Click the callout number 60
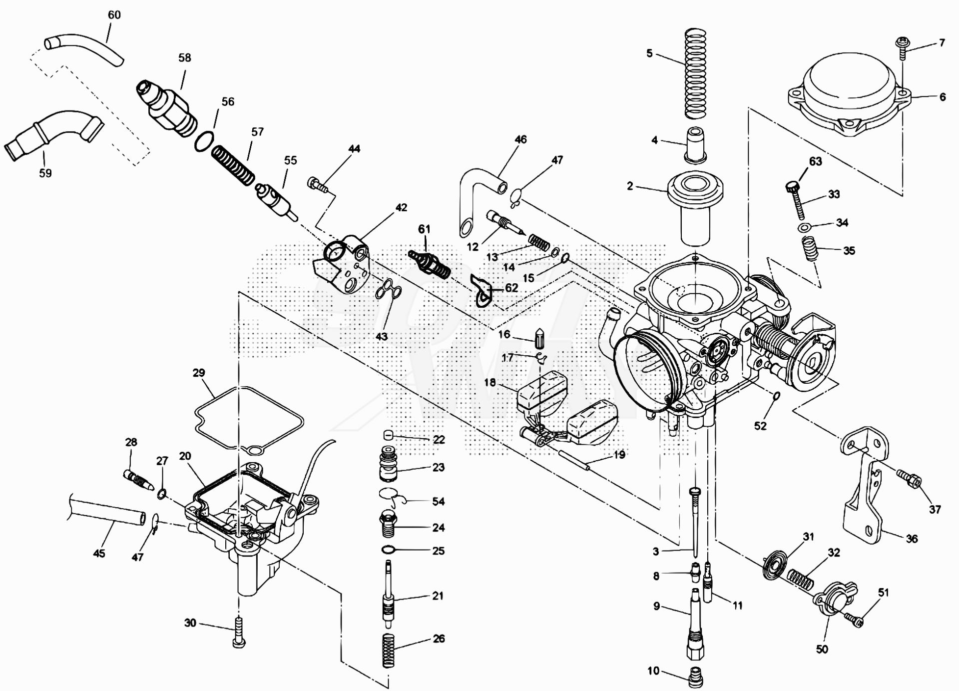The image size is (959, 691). point(114,15)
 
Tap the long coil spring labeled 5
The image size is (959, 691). point(695,73)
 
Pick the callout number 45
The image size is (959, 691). point(99,553)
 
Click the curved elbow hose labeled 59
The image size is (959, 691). point(52,135)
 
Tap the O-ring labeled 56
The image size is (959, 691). point(204,141)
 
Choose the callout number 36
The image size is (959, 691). point(912,539)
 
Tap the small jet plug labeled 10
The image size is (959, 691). point(697,677)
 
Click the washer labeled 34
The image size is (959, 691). point(804,227)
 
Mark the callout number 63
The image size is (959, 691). point(816,161)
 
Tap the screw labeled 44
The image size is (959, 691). point(318,184)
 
